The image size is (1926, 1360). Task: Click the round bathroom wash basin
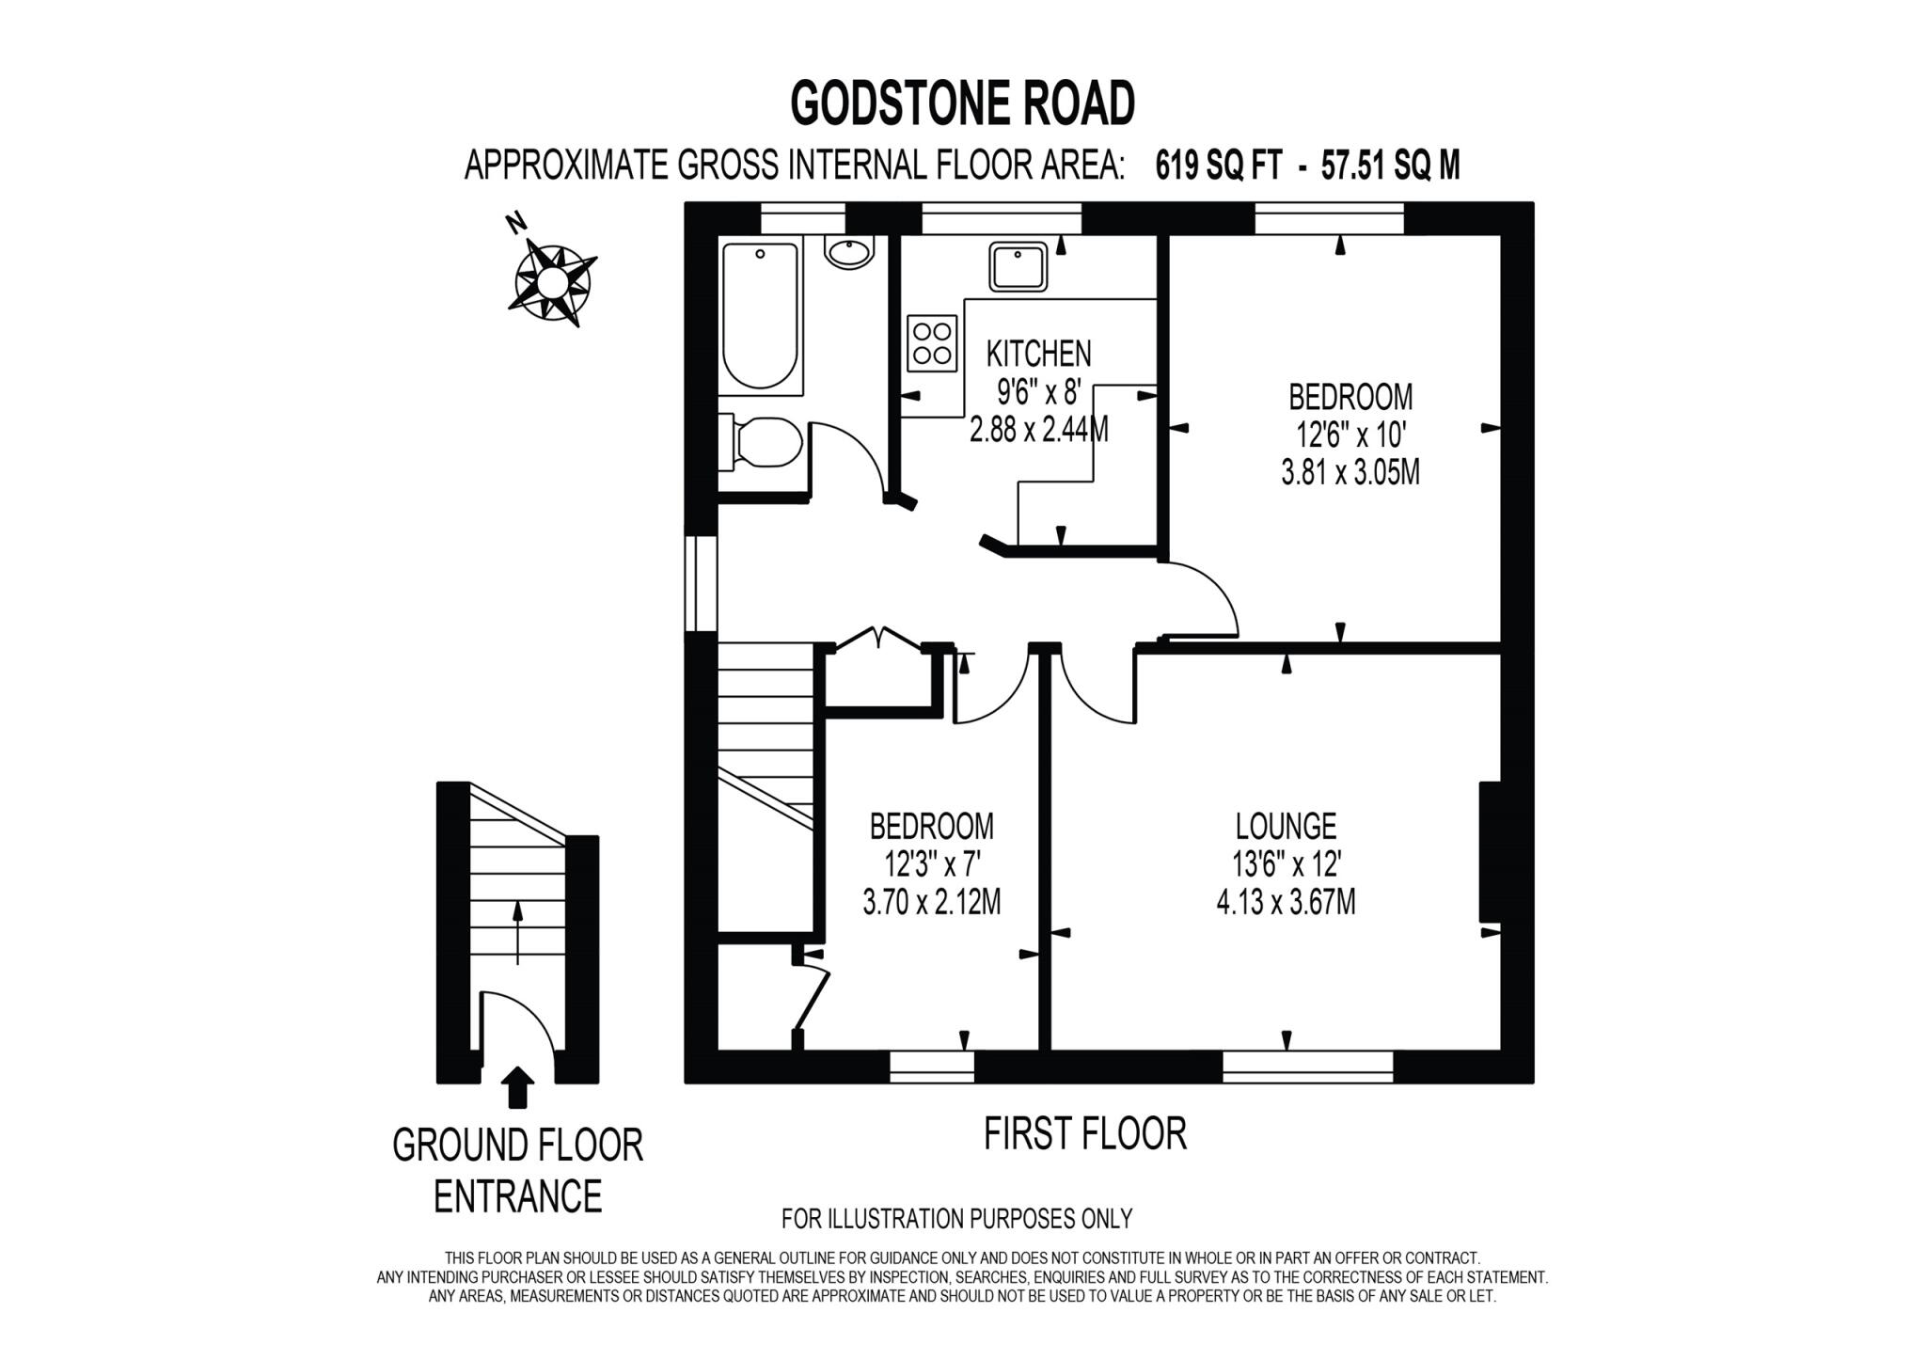pos(850,251)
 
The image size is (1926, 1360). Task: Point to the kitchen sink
pos(1018,266)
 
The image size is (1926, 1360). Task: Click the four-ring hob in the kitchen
pos(932,343)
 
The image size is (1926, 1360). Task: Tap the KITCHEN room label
pos(1038,354)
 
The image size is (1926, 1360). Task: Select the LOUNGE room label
pos(1286,826)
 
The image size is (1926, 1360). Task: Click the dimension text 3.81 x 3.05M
pos(1350,472)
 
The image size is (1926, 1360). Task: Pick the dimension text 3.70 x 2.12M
pos(931,903)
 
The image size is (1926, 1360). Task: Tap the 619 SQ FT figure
pos(1218,166)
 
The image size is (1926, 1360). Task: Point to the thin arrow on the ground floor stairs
pos(516,932)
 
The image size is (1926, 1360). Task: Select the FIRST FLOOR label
pos(1084,1133)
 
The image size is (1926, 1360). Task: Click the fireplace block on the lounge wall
pos(1489,852)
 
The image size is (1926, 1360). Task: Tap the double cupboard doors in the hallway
pos(876,639)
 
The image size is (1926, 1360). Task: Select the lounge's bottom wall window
pos(1307,1065)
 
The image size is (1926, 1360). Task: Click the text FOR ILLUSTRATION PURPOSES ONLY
pos(956,1219)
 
